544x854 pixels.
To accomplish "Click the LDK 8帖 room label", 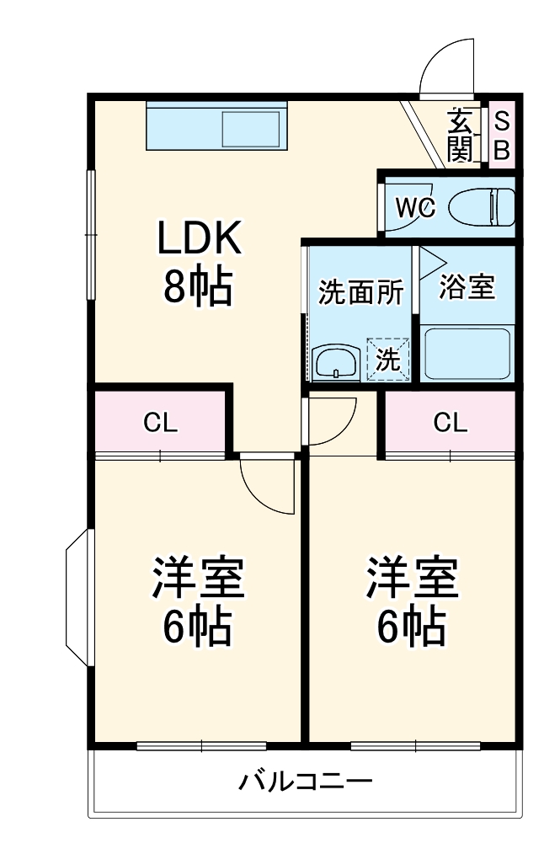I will point(200,263).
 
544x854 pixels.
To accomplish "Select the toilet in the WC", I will point(482,206).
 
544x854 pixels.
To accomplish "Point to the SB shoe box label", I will point(501,136).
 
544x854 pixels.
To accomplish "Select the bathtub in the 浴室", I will point(467,353).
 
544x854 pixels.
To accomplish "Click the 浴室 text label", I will point(467,286).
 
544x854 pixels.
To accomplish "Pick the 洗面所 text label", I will point(360,292).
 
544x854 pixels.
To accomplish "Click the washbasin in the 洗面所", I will point(336,362).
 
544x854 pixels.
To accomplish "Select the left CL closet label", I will point(159,423).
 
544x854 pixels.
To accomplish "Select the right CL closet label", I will point(450,423).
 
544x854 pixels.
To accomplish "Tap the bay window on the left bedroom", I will point(78,598).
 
